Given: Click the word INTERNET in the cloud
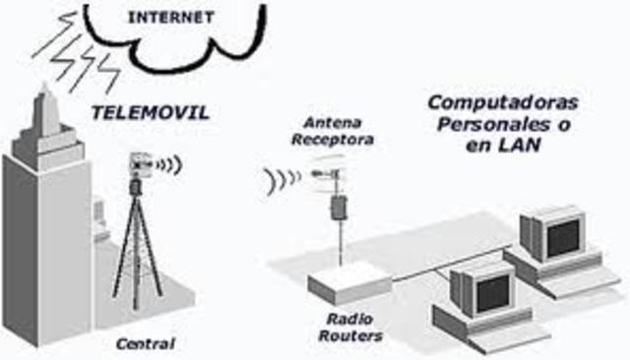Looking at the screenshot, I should pyautogui.click(x=171, y=17).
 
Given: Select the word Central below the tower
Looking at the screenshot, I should pyautogui.click(x=145, y=344).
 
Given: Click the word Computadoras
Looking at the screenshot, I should pyautogui.click(x=503, y=102).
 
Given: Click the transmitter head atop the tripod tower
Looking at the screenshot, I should pyautogui.click(x=138, y=167).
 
